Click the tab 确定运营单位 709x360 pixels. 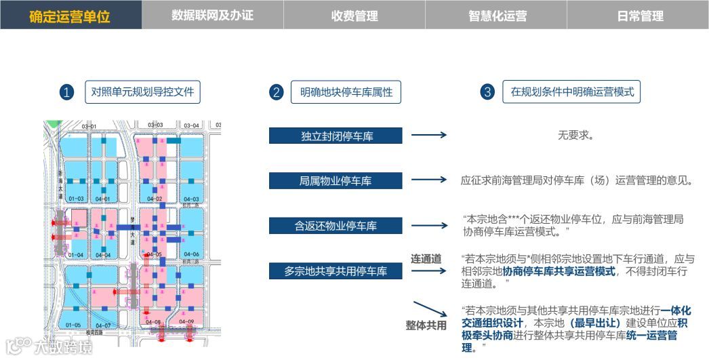click(70, 16)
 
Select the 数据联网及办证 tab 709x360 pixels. click(212, 15)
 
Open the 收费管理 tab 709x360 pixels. click(354, 16)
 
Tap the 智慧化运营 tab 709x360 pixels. click(497, 16)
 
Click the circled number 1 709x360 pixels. click(66, 93)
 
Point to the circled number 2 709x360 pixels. click(276, 93)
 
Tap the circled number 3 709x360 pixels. click(487, 93)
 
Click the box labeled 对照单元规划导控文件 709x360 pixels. click(142, 92)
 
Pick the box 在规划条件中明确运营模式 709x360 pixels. click(572, 92)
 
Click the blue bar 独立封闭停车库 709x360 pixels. click(336, 136)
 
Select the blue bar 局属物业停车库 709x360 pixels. click(336, 181)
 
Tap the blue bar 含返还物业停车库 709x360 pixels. click(336, 226)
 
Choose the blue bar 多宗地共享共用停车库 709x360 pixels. click(336, 271)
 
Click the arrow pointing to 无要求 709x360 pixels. click(429, 135)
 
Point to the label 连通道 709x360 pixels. click(426, 258)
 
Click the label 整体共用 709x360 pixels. click(426, 325)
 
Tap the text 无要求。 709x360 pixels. click(575, 135)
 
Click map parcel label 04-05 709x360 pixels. click(154, 255)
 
